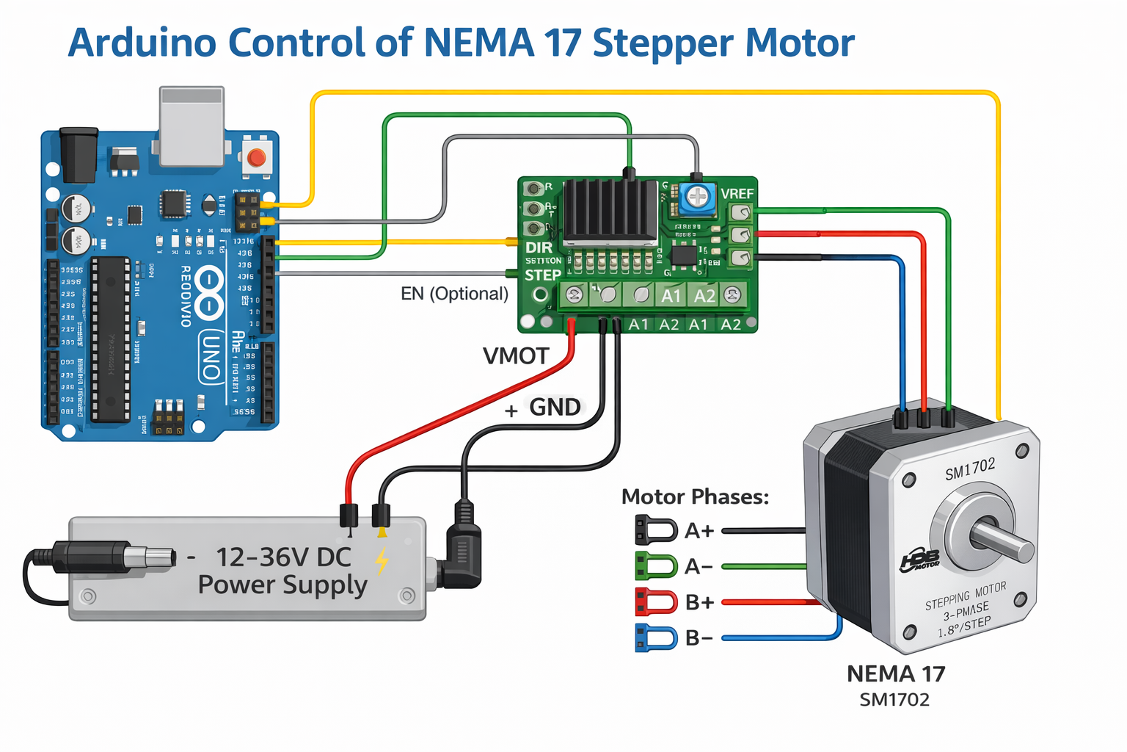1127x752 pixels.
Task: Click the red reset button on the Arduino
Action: [256, 157]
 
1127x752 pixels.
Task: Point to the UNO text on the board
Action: [211, 356]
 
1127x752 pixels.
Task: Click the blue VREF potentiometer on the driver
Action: [697, 197]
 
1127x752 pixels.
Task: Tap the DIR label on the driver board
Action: [539, 247]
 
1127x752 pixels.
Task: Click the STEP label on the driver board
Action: [542, 275]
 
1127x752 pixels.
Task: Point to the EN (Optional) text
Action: [454, 294]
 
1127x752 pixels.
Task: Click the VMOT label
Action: [516, 356]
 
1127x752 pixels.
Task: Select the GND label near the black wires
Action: [555, 407]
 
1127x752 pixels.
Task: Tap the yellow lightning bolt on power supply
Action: [382, 560]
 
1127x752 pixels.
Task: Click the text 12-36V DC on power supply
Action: [284, 557]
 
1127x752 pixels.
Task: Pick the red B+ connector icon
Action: [655, 602]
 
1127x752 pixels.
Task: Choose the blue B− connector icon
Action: [655, 637]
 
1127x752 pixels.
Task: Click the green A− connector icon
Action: [655, 566]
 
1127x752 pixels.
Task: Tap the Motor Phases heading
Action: [695, 497]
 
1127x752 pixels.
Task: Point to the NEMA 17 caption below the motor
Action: [896, 673]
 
